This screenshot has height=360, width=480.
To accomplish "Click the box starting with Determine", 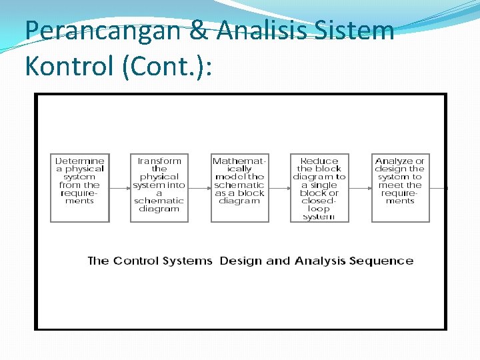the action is click(x=80, y=187).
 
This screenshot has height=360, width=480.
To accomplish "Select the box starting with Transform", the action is click(x=159, y=187).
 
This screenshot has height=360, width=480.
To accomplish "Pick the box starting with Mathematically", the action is click(x=239, y=187).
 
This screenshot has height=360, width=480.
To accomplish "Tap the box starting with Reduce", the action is click(x=319, y=187).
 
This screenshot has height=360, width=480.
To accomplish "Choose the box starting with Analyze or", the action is click(x=400, y=187).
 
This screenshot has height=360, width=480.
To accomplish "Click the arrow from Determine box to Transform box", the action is click(x=119, y=188).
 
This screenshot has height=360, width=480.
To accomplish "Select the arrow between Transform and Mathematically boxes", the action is click(x=199, y=188).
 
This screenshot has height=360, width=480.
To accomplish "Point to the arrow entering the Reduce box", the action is click(x=279, y=188).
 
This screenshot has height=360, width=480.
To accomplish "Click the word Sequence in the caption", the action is click(x=383, y=261).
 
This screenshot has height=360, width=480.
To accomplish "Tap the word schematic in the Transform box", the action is click(x=159, y=201).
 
